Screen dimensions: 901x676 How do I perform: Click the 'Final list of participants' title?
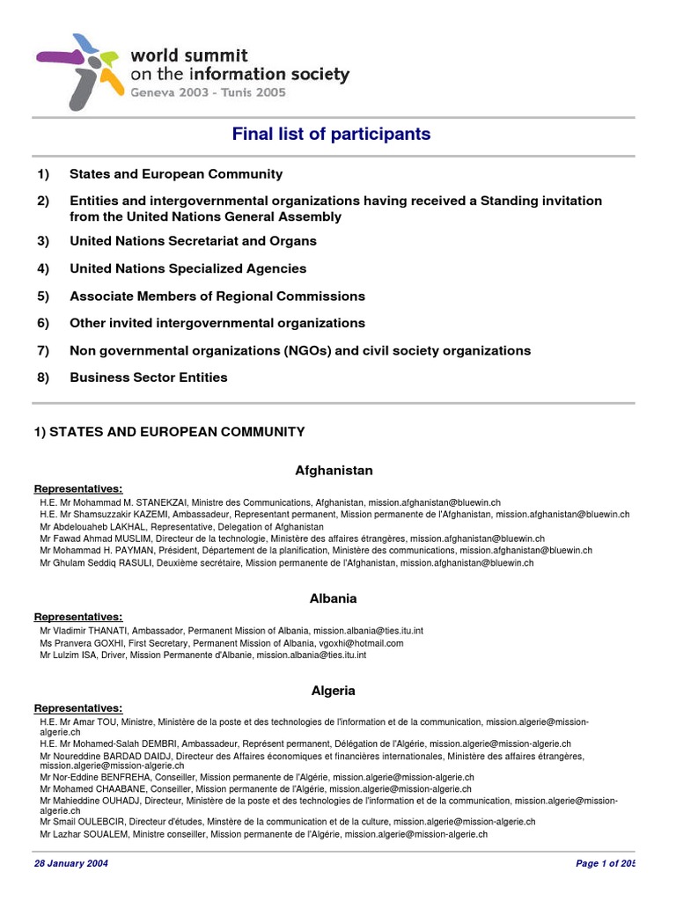(331, 134)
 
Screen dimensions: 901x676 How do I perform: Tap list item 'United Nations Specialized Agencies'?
(187, 268)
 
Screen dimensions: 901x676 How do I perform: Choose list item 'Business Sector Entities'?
(148, 377)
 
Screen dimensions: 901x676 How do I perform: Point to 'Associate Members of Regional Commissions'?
(217, 297)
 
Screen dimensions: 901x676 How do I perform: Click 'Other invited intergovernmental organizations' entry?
(217, 323)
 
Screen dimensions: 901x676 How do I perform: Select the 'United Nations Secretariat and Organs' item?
(193, 241)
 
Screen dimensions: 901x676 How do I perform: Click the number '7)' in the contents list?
(43, 350)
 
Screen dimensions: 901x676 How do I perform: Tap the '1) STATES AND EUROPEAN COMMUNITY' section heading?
(169, 431)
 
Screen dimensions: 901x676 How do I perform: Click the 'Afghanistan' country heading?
(334, 471)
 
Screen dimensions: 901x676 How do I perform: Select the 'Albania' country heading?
(334, 598)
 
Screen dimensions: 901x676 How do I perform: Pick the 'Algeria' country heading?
(334, 691)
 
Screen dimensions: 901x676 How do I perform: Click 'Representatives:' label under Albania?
(78, 617)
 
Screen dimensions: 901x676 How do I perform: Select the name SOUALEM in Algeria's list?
(107, 833)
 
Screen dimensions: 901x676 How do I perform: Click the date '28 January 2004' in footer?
(71, 864)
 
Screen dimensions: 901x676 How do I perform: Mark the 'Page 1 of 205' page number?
(605, 864)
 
